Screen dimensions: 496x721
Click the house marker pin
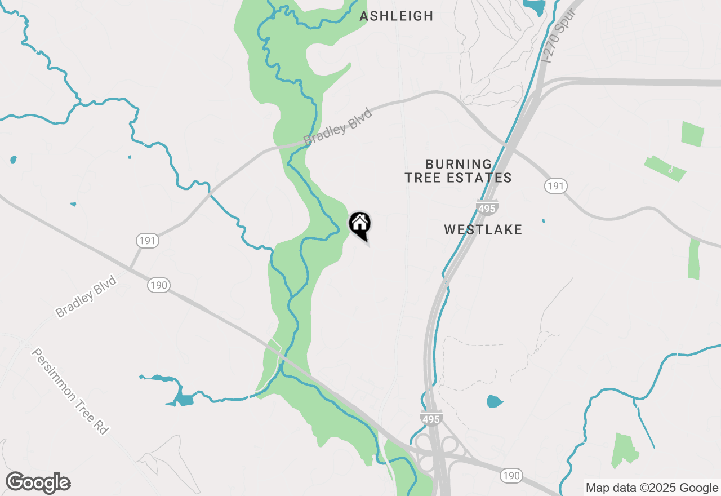360,225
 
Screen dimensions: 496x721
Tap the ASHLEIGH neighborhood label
397,16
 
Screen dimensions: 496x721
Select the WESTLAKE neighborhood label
483,230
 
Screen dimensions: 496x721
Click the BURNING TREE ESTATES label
458,171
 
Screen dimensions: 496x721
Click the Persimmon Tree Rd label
69,391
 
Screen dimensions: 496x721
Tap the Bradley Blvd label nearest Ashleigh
338,126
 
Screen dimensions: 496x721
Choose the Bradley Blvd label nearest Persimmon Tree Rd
86,296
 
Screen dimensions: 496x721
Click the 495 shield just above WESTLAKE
487,208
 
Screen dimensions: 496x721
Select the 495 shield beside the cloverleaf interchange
431,418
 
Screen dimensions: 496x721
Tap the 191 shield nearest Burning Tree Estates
555,186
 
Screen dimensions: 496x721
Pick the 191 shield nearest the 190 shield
147,241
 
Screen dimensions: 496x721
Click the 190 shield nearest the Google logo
159,285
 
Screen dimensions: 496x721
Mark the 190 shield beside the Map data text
511,476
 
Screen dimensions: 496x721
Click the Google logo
38,483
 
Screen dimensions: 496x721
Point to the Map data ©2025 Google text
651,488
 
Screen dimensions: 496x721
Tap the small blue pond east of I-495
494,402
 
